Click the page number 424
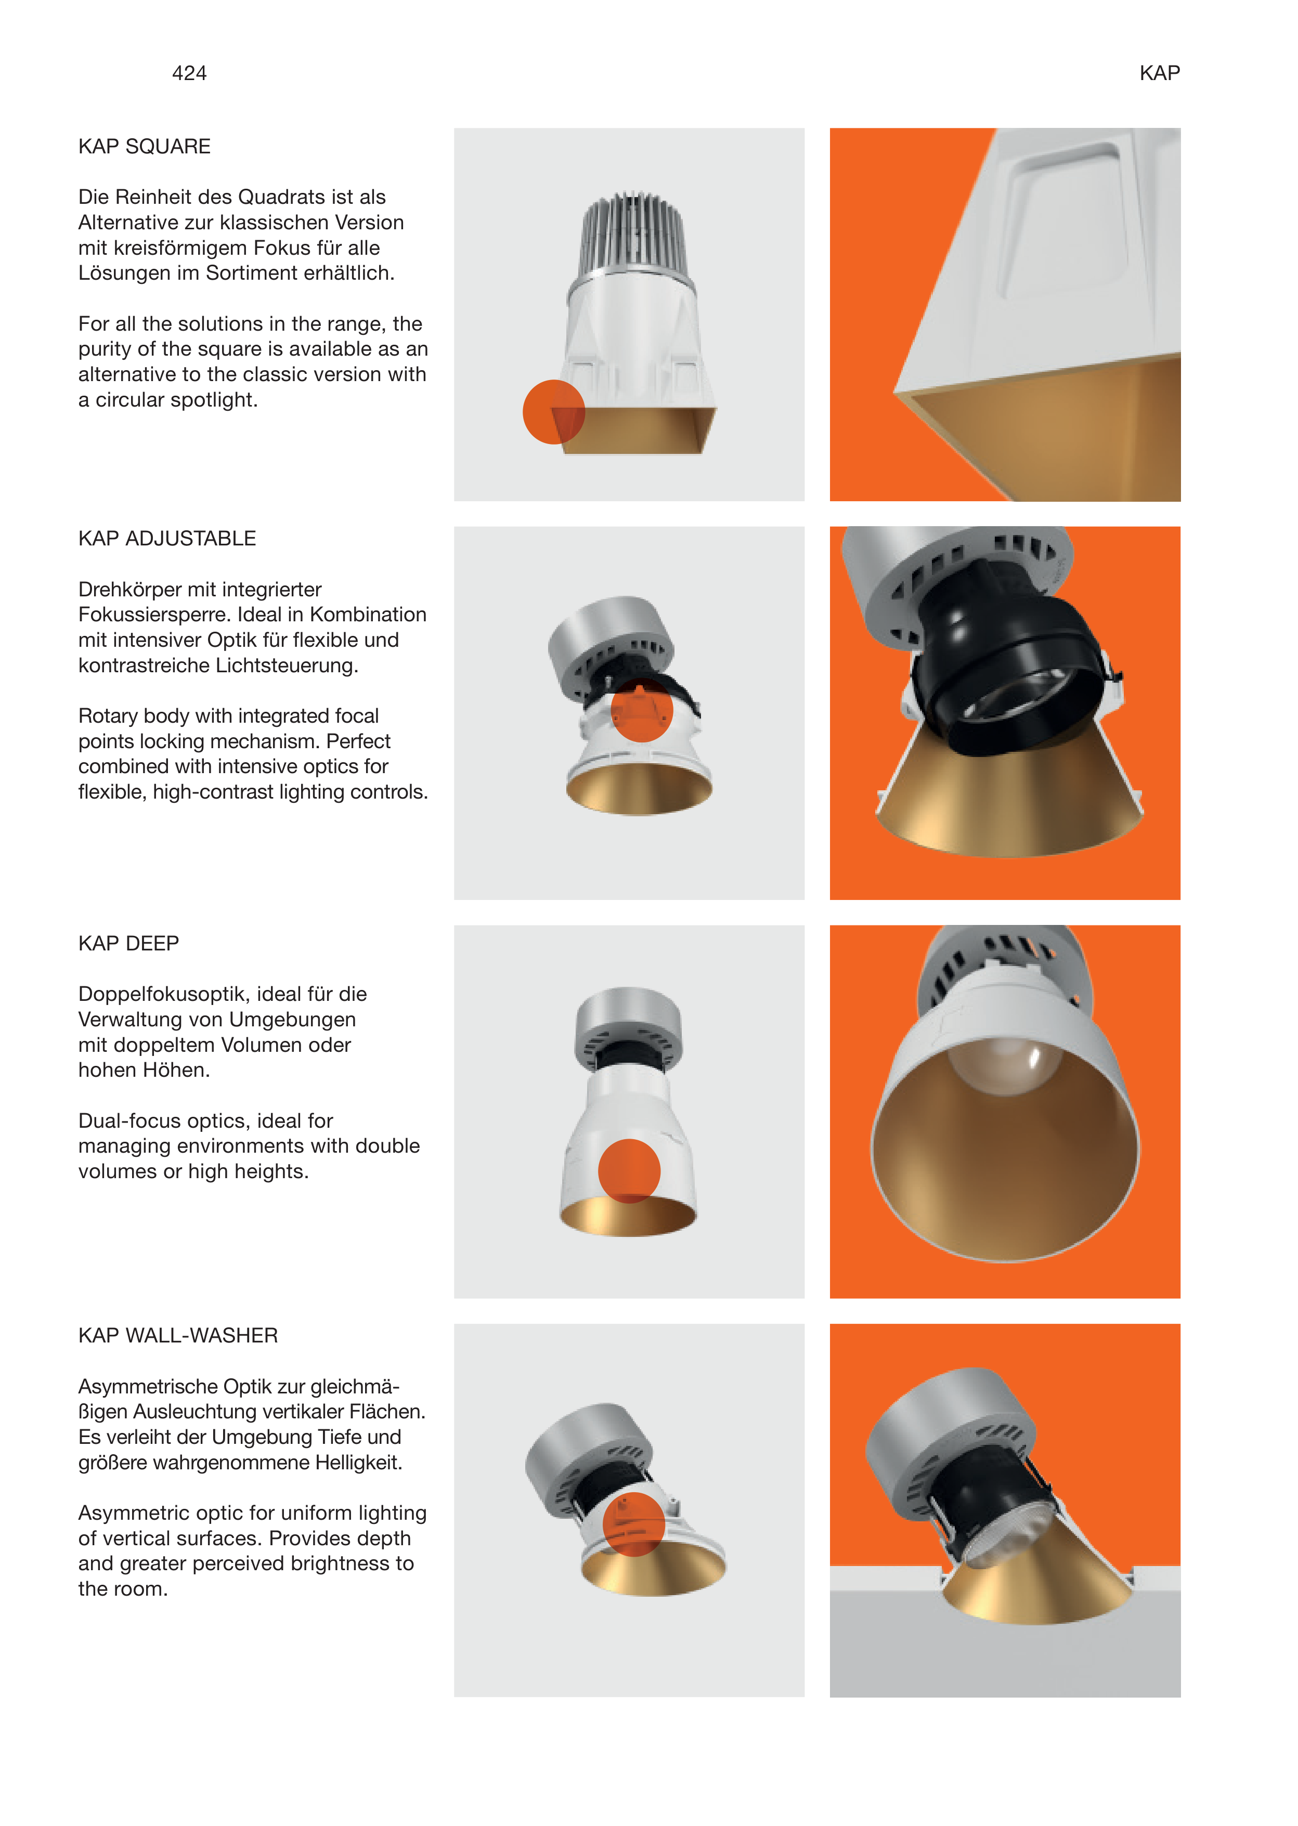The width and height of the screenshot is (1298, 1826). point(189,73)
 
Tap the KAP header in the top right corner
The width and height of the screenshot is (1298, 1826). point(1159,73)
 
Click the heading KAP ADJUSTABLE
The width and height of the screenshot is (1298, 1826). point(167,539)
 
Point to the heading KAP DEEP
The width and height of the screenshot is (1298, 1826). point(128,944)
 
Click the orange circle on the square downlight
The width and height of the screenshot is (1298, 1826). point(554,412)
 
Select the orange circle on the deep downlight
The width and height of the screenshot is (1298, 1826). point(629,1171)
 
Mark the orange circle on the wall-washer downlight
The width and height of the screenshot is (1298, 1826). point(634,1524)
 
